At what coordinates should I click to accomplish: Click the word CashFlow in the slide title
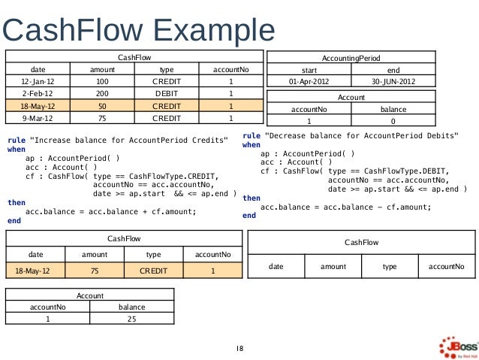[x=73, y=30]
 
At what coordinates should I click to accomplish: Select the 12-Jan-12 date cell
[x=38, y=81]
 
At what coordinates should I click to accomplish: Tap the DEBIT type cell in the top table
[x=167, y=93]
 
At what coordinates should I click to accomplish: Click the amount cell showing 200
[x=102, y=93]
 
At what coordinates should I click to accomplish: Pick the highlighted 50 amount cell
[x=102, y=106]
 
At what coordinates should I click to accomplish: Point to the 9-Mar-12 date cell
[x=38, y=118]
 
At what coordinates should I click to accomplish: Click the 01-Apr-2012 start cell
[x=309, y=81]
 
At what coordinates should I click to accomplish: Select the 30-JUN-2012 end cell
[x=393, y=81]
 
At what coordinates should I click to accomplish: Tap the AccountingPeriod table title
[x=351, y=58]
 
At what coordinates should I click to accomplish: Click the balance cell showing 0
[x=393, y=121]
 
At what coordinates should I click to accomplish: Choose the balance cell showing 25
[x=132, y=319]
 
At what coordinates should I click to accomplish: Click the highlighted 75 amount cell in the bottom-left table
[x=95, y=271]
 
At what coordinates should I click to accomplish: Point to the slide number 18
[x=239, y=349]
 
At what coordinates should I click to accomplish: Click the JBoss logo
[x=459, y=347]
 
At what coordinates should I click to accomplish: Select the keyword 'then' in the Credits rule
[x=17, y=202]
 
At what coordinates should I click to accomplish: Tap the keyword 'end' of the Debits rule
[x=249, y=216]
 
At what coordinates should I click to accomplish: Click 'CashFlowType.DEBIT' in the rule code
[x=405, y=171]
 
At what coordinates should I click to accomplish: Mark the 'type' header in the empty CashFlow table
[x=390, y=266]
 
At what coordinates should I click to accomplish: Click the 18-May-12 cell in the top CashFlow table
[x=38, y=106]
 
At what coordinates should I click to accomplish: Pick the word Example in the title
[x=214, y=31]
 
